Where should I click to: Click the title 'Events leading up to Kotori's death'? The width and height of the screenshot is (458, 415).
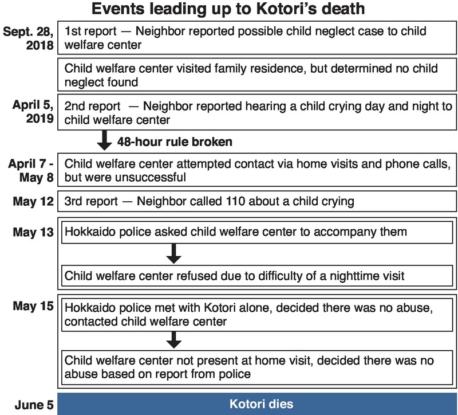229,11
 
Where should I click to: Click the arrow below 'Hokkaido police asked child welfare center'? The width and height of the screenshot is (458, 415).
176,254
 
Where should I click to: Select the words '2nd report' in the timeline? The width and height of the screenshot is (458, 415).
92,107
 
